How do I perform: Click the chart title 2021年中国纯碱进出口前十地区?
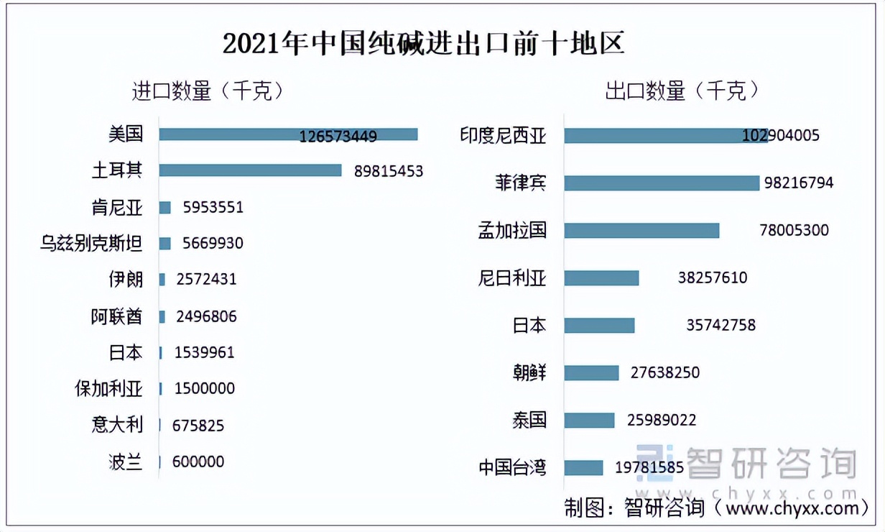[423, 44]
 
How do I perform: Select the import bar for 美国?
[288, 134]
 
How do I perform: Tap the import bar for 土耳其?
[250, 170]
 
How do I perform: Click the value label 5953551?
[213, 208]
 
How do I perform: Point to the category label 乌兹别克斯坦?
[91, 244]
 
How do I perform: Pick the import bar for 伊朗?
[162, 279]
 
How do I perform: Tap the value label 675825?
[198, 426]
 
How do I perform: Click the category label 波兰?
[125, 462]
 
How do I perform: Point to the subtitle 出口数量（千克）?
[682, 91]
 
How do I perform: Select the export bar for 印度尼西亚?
[665, 136]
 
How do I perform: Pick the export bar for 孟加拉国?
[641, 230]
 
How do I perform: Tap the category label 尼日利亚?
[512, 278]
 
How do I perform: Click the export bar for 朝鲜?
[591, 372]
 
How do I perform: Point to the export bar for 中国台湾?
[583, 468]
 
